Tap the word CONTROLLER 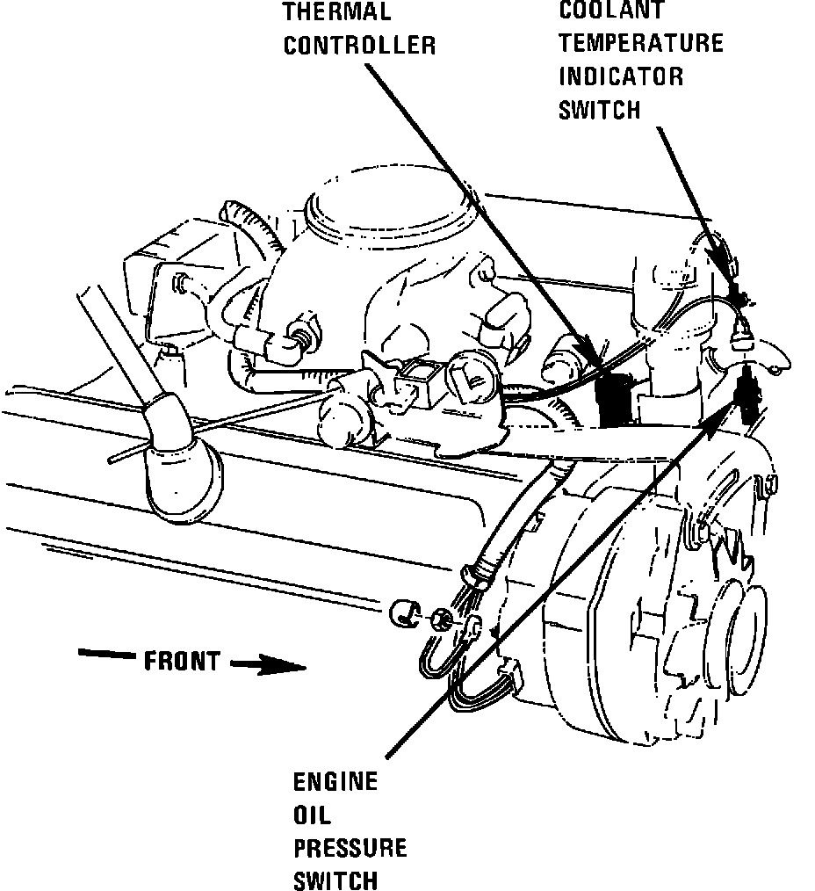point(359,46)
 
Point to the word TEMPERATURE point(641,42)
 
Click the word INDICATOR point(621,76)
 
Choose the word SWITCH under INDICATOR point(600,109)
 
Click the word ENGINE point(335,781)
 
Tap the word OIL point(313,815)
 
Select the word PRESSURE point(350,848)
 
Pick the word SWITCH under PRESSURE point(335,880)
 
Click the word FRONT point(182,661)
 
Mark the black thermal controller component point(616,397)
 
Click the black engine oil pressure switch point(750,395)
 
